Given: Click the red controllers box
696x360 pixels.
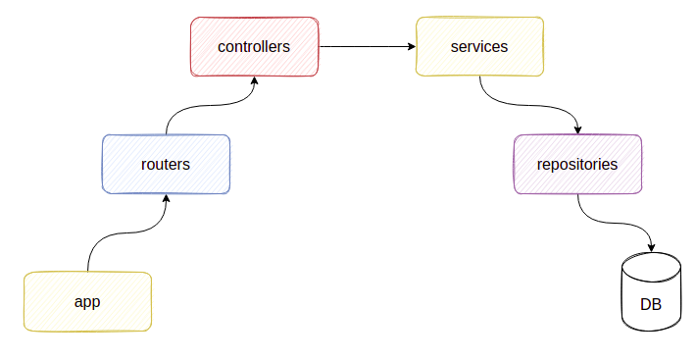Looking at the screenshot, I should click(254, 46).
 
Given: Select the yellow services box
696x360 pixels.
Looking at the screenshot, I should click(479, 46).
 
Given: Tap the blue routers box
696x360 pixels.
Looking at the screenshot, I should click(166, 164).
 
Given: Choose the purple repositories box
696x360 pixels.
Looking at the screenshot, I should click(577, 164).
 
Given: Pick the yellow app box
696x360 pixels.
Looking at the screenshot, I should click(87, 301).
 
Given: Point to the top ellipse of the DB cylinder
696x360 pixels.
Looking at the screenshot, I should click(651, 263).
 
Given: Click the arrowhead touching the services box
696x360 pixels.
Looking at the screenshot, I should click(411, 46).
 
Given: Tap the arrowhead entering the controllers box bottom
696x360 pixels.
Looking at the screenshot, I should click(254, 81).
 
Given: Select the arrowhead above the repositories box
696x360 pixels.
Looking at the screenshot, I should click(577, 129).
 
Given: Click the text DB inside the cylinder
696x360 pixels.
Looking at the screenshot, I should click(651, 304).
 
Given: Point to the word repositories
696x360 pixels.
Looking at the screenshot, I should click(577, 164).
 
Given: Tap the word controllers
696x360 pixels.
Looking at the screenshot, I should click(254, 46).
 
